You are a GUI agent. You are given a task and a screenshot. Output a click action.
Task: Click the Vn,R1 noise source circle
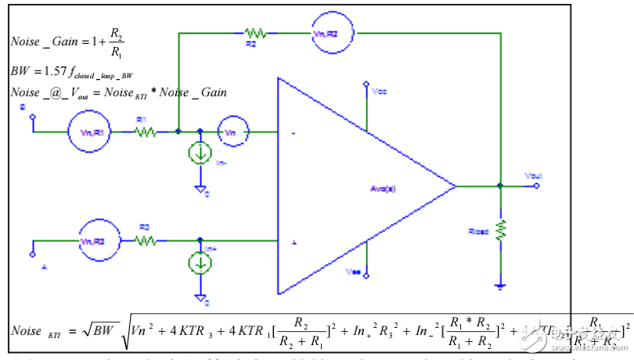pos(86,132)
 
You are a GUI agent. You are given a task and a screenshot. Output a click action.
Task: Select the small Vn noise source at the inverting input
pos(231,132)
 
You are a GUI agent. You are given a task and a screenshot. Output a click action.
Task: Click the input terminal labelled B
pos(32,119)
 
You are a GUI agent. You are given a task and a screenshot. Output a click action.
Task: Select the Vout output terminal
pos(536,186)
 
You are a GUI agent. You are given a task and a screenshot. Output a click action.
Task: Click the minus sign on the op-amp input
pos(293,134)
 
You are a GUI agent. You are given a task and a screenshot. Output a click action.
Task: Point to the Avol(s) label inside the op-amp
pos(384,188)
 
